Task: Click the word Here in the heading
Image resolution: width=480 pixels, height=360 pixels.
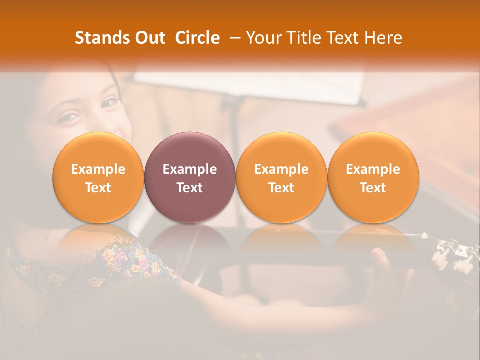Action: [x=384, y=38]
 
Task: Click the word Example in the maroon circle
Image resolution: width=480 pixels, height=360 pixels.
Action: [x=190, y=169]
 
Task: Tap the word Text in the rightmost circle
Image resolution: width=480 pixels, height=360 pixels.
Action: [x=373, y=188]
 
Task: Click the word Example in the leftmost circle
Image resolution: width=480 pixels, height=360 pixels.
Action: [x=98, y=169]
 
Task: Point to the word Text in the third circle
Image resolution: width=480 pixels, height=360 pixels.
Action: [x=281, y=188]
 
